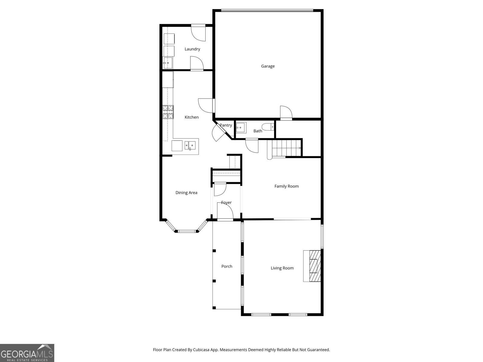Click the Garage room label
tap(268, 66)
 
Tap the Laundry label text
tap(192, 49)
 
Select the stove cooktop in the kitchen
tap(168, 112)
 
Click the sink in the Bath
tap(241, 128)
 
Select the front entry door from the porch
tap(225, 212)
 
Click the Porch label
tap(227, 266)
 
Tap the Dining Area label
tap(186, 193)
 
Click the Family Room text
tap(286, 186)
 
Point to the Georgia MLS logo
tap(27, 353)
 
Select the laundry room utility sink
tap(168, 63)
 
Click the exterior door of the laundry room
tap(199, 33)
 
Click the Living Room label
tap(282, 268)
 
